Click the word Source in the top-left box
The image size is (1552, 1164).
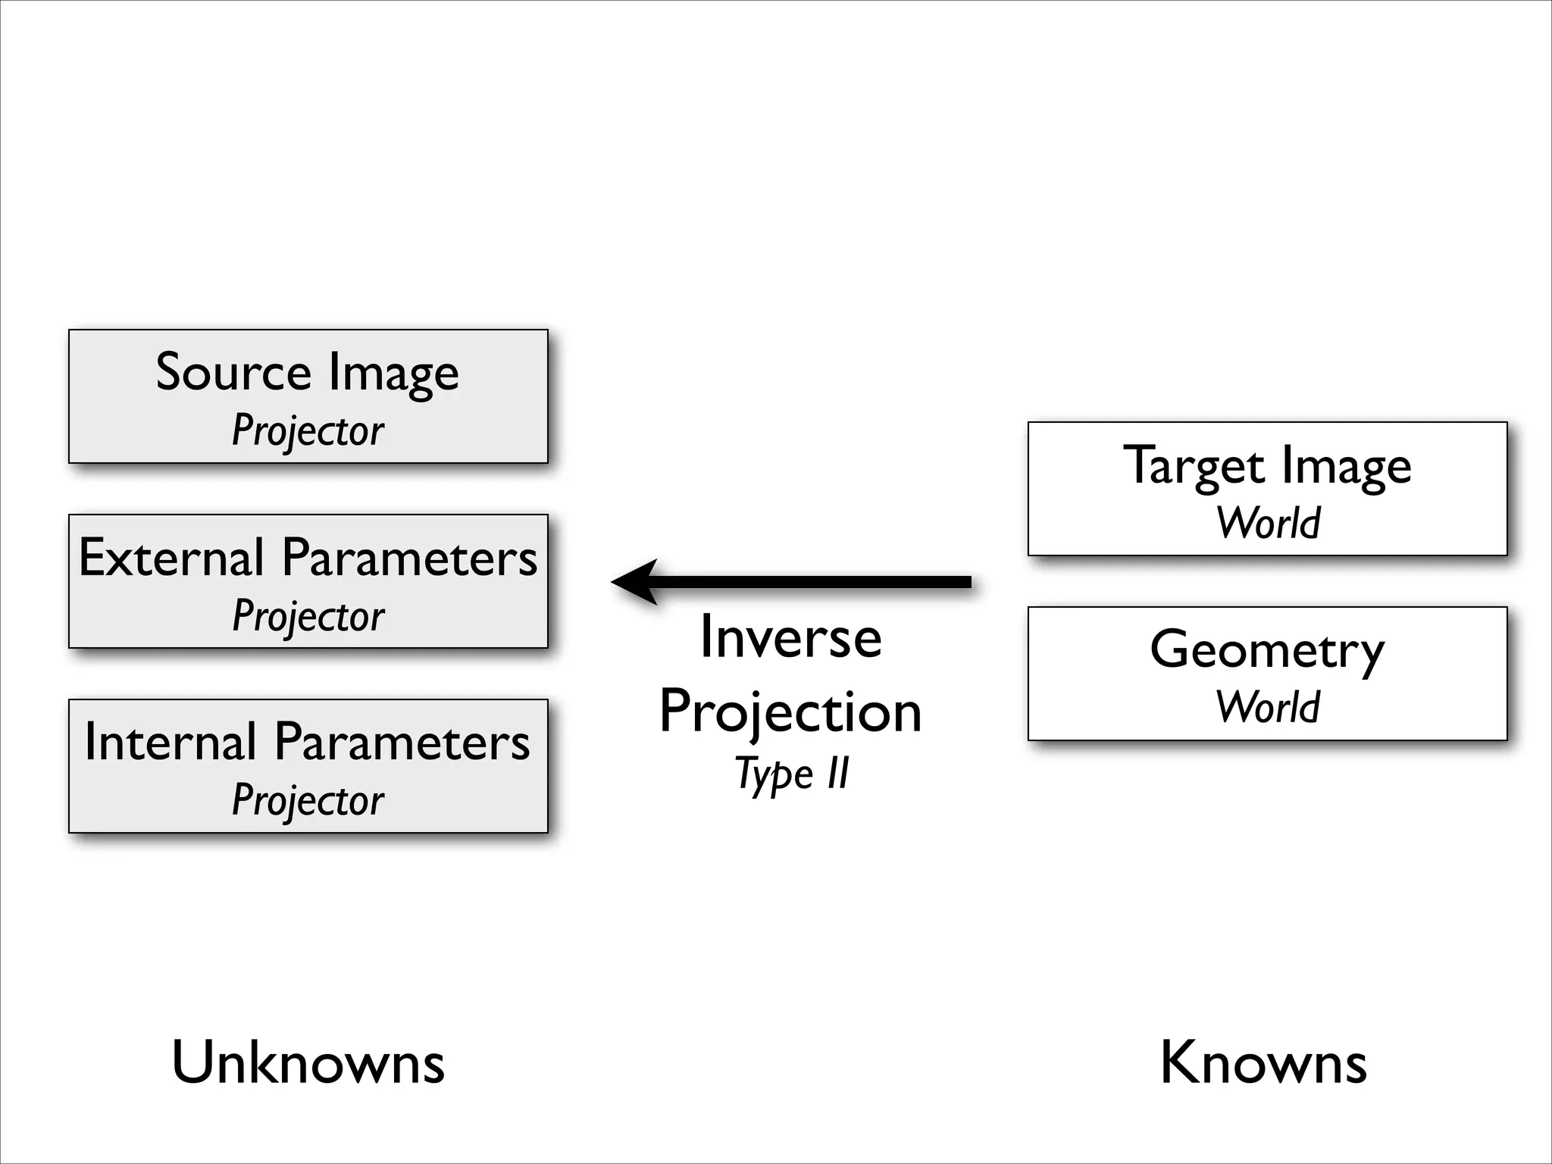[233, 373]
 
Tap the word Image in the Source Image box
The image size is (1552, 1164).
[393, 374]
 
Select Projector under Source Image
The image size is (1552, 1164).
[308, 431]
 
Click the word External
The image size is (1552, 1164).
[171, 558]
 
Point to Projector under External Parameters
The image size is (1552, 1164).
[308, 616]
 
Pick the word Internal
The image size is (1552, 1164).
[171, 742]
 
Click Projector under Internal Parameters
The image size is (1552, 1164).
[308, 800]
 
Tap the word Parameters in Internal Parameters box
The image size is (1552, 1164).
[402, 742]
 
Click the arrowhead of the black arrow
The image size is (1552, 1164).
[634, 582]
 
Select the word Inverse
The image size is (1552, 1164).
[790, 637]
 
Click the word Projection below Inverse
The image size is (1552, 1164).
[790, 712]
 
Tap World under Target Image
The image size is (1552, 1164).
[1268, 523]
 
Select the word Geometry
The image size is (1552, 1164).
[1267, 651]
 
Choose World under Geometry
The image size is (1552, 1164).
[1268, 707]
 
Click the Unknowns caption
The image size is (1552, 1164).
[308, 1063]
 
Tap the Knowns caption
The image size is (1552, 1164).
[1263, 1063]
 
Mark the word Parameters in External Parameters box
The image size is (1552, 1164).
[409, 558]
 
